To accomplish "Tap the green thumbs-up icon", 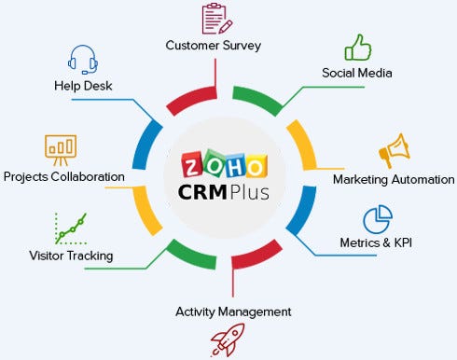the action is pos(357,47).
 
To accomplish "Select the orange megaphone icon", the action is pos(392,152).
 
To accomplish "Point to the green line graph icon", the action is pos(70,228).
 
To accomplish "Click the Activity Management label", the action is pos(233,312).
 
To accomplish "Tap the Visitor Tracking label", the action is pos(58,255).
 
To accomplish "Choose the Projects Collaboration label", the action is pos(64,176).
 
